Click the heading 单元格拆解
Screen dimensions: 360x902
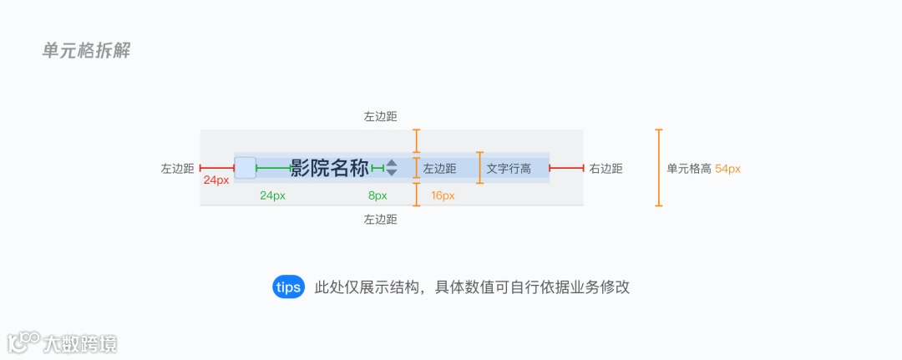pos(86,51)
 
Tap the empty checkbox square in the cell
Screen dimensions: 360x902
pos(245,167)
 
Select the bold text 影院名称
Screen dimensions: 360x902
pos(330,168)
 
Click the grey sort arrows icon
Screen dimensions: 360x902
pos(391,168)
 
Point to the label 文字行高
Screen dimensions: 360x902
pos(509,169)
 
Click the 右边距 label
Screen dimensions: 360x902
pos(606,169)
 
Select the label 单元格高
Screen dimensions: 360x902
pos(689,169)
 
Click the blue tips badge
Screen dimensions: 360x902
pos(288,287)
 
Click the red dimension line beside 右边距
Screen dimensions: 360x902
pos(566,168)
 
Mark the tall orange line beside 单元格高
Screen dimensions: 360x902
pos(659,167)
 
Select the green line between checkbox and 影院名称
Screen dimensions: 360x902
pos(273,168)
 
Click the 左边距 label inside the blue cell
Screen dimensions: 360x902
pos(439,169)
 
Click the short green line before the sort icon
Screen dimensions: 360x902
pos(378,168)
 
